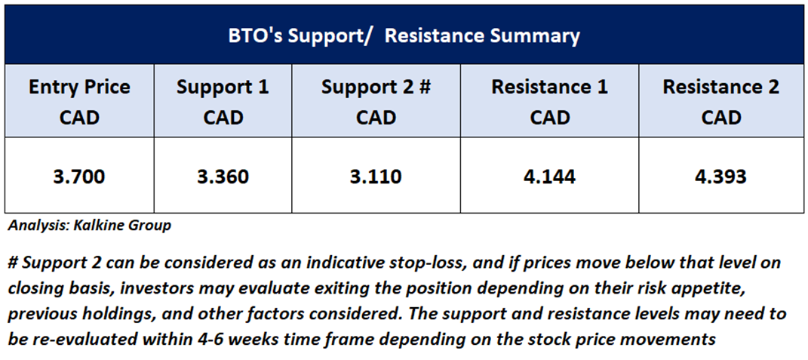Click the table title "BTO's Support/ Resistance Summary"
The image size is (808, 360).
point(404,36)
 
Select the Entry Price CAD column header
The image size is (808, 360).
point(79,102)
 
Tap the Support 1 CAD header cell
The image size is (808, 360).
point(223,102)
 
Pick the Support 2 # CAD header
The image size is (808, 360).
point(376,102)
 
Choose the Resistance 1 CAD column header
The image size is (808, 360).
point(549,102)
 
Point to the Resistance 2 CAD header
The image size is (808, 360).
point(721,102)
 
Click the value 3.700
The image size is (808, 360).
point(79,177)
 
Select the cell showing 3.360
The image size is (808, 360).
point(223,177)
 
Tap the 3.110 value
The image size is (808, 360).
point(376,177)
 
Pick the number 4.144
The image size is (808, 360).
point(549,177)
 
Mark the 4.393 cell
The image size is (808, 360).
point(721,177)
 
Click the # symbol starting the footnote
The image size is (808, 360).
point(14,263)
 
